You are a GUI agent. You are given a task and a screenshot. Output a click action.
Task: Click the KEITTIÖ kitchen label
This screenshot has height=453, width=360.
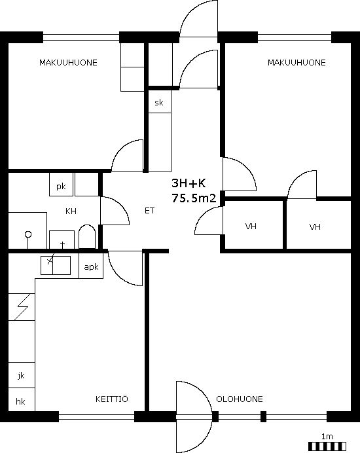[111, 399]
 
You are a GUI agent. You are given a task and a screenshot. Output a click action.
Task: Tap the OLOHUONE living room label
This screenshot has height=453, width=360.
[240, 399]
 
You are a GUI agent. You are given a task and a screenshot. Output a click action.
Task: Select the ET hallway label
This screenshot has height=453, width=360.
[149, 211]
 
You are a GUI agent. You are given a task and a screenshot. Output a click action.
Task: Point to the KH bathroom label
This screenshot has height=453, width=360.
[71, 211]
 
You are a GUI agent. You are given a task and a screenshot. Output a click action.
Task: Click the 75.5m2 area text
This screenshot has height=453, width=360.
[194, 198]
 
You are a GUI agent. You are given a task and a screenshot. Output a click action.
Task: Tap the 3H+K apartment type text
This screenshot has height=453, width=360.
[189, 183]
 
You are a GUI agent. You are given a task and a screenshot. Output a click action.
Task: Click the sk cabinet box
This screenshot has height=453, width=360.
[160, 101]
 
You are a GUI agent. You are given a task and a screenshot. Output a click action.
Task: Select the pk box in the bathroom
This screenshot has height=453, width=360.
[61, 185]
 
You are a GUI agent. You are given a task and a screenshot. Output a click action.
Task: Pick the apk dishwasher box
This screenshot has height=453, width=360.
[91, 266]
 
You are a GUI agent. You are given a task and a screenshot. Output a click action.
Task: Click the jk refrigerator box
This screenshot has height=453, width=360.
[22, 375]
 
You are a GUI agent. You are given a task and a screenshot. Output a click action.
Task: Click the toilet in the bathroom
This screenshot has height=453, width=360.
[87, 236]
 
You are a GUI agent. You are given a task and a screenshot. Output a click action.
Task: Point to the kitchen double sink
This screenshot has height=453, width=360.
[56, 265]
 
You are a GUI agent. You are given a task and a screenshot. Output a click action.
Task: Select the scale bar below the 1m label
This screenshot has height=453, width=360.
[327, 446]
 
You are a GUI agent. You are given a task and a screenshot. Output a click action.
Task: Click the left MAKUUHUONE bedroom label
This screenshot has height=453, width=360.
[68, 63]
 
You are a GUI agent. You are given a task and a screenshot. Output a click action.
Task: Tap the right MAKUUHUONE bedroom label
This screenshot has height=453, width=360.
[297, 63]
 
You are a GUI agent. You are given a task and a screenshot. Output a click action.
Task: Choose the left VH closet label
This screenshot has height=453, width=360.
[251, 226]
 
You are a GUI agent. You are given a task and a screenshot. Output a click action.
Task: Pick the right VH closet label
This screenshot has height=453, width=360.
[315, 226]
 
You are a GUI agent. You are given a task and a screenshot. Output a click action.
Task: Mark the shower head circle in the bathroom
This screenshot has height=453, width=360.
[28, 234]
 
